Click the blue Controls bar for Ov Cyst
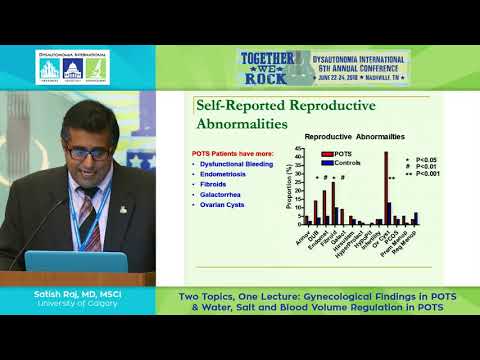coord(390,212)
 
